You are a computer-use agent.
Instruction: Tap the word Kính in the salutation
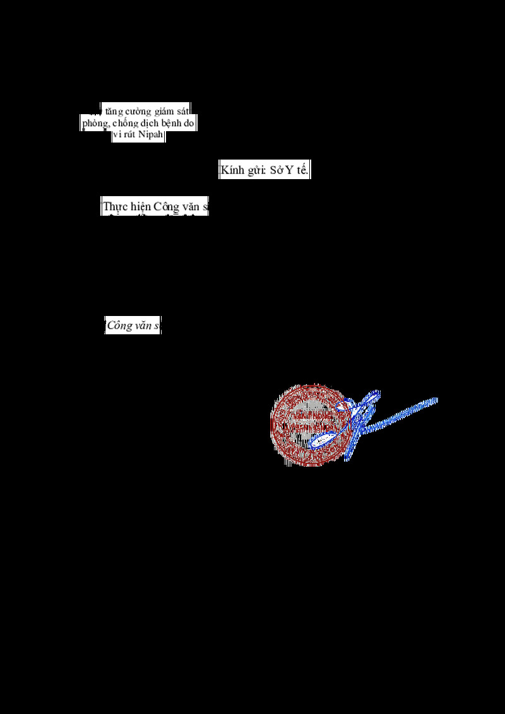point(232,171)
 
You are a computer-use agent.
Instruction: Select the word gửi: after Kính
point(256,171)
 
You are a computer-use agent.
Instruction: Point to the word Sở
point(277,171)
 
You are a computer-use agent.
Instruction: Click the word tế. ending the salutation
point(303,171)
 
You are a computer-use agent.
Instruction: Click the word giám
point(165,110)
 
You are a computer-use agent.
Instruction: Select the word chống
point(125,123)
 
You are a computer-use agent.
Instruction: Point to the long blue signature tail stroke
point(404,413)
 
